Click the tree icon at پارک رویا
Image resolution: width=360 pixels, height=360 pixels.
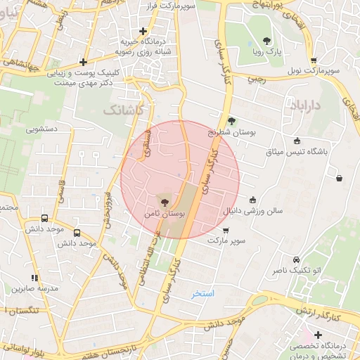click(x=266, y=41)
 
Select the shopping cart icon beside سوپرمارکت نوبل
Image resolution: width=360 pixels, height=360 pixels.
click(x=313, y=60)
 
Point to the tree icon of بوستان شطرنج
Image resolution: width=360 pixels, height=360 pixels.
click(x=232, y=121)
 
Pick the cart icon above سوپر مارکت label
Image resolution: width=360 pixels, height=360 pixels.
click(x=225, y=230)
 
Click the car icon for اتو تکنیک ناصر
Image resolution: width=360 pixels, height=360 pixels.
click(x=296, y=259)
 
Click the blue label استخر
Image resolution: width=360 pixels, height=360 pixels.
click(x=203, y=292)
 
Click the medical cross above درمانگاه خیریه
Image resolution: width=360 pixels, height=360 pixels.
click(x=143, y=32)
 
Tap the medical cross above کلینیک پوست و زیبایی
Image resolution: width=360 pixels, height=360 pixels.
click(x=84, y=62)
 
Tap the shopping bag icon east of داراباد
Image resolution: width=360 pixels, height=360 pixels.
click(x=340, y=178)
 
